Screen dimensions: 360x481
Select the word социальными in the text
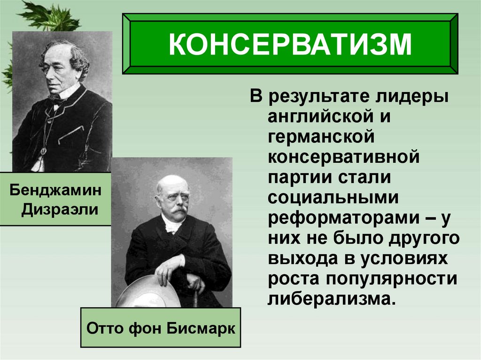click(334, 197)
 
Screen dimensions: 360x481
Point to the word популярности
click(391, 278)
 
